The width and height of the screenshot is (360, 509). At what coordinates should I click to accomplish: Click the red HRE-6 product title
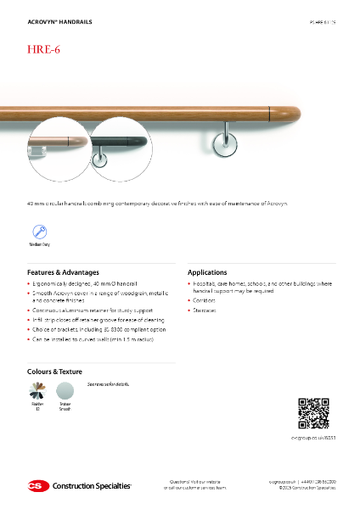pyautogui.click(x=44, y=49)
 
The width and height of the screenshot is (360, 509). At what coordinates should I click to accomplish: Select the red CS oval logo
pyautogui.click(x=37, y=485)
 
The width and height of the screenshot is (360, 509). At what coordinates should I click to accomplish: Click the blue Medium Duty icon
pyautogui.click(x=39, y=231)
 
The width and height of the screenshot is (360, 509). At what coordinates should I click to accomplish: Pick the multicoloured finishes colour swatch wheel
pyautogui.click(x=38, y=391)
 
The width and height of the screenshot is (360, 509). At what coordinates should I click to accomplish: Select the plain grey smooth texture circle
pyautogui.click(x=65, y=391)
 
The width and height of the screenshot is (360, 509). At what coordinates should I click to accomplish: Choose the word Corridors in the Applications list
pyautogui.click(x=204, y=300)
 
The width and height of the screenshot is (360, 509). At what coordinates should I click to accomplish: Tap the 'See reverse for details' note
pyautogui.click(x=107, y=385)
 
